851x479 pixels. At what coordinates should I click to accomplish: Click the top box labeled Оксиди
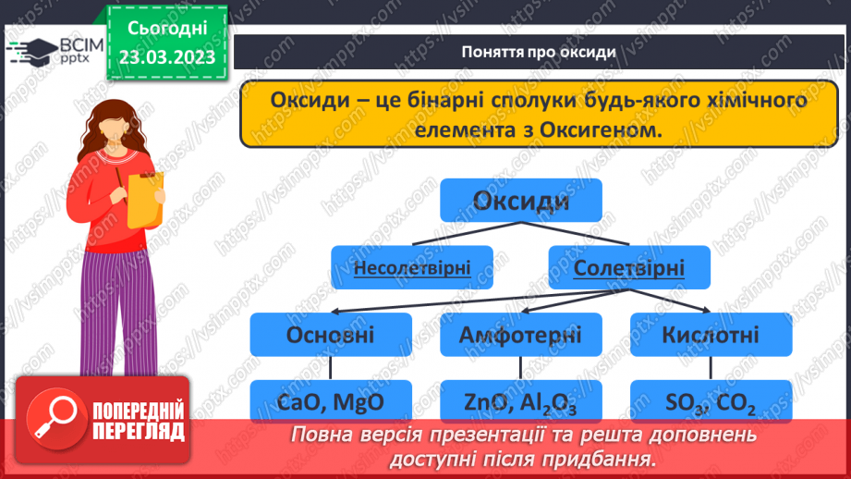pos(520,201)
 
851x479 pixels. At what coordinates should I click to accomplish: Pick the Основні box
pos(330,334)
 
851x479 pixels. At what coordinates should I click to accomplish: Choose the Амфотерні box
pos(520,334)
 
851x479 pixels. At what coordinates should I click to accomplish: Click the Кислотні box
pos(710,334)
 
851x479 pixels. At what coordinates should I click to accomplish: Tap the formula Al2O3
pos(550,402)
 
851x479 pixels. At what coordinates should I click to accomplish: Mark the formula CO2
pos(736,402)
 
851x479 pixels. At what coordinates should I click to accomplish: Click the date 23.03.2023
pos(166,57)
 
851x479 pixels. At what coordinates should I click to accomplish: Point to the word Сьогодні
pos(166,29)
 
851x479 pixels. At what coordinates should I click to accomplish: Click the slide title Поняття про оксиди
pos(538,52)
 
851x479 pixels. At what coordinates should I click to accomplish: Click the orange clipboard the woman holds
pos(145,197)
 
